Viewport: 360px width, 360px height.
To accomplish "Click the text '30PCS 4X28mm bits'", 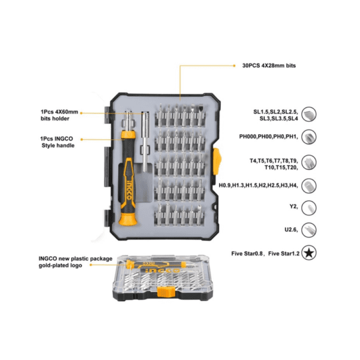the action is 269,65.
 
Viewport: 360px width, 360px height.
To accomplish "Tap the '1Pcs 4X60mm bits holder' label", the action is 59,115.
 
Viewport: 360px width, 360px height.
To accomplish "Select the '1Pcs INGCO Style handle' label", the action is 57,142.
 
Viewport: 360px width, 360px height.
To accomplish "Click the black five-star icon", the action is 309,253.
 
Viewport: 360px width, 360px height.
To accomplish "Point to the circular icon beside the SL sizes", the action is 309,114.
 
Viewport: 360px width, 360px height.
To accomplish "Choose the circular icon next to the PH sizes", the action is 309,137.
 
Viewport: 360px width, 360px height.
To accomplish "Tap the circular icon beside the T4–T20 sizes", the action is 309,163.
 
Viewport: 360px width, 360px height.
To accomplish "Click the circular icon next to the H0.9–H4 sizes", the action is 309,186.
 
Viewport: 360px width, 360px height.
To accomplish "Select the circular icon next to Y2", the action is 309,208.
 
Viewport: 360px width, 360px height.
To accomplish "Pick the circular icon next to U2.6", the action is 309,230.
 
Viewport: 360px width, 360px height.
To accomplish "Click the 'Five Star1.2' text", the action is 284,253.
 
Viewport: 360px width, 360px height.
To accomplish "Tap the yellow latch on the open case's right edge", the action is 217,161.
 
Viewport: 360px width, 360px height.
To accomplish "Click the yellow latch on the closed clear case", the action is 166,292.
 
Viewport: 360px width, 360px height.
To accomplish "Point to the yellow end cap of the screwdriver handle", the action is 128,219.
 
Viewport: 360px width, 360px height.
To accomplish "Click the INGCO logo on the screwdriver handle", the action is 129,190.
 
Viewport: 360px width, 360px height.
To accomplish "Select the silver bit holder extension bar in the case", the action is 146,142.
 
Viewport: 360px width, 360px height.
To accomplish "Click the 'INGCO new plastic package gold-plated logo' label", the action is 76,262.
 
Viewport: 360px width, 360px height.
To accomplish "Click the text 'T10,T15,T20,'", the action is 281,167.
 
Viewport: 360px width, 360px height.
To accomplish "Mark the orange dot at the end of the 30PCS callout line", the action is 234,65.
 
